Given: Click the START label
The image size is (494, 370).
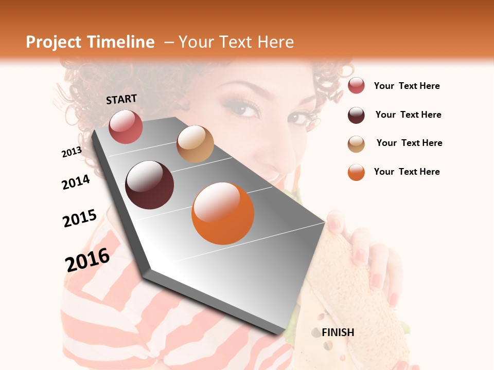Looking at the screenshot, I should tap(121, 99).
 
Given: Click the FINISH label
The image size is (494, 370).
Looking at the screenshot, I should tap(338, 332).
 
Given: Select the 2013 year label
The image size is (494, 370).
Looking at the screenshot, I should tap(72, 152).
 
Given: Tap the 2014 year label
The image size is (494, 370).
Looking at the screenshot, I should tap(76, 182).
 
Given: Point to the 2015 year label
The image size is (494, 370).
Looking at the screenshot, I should tap(80, 218).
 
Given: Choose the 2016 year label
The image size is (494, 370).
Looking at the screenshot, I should tap(87, 260).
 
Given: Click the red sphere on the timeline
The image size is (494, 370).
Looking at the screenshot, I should tap(126, 126).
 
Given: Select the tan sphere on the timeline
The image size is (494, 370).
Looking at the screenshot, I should tap(195, 144).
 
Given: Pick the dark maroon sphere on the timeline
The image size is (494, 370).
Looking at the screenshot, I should tap(149, 185).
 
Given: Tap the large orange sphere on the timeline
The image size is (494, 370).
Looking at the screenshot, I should tap(223, 213).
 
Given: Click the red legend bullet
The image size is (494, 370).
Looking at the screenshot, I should tap(356, 86).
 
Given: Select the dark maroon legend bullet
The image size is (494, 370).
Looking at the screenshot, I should tap(356, 115).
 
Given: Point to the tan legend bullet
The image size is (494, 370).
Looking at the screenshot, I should tap(356, 143).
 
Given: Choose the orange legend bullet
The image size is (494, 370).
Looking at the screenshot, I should tap(356, 172).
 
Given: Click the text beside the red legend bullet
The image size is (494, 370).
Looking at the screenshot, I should tap(407, 86).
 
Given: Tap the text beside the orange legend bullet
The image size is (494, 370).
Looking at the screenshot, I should tap(407, 172).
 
